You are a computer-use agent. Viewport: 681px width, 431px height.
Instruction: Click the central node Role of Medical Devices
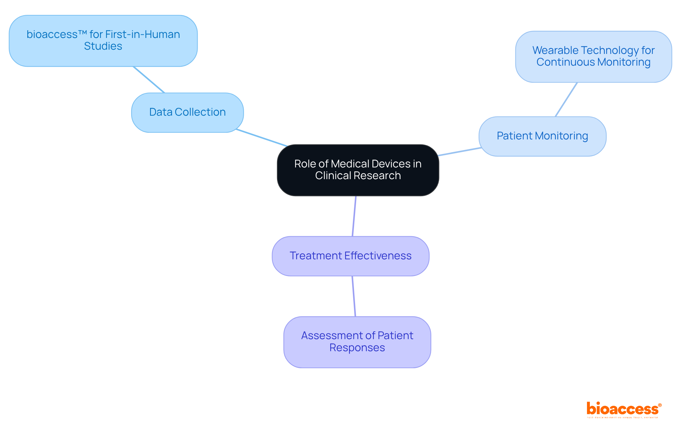coord(358,170)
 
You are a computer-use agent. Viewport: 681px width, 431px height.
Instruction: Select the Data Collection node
coord(187,112)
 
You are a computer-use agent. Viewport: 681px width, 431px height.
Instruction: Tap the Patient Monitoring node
coord(542,136)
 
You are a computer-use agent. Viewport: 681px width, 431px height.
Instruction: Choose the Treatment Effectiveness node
coord(350,256)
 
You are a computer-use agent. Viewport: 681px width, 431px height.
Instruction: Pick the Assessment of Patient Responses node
coord(357,342)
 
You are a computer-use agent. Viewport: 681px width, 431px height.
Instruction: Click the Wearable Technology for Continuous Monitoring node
coord(593,57)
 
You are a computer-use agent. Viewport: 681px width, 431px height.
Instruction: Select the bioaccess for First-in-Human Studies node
coord(103,40)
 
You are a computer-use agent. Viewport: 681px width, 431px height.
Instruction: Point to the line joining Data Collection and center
coord(262,138)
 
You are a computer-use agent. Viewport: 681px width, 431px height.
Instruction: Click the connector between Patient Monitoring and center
coord(460,151)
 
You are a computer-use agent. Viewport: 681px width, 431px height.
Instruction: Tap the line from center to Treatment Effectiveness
coord(354,216)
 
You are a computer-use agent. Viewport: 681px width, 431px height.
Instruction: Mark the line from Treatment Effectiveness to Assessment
coord(354,296)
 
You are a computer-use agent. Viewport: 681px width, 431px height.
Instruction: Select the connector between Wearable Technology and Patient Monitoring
coord(566,100)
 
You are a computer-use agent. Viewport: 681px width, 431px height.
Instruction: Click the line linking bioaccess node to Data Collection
coord(149,79)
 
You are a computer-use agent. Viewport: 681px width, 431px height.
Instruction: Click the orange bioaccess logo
coord(622,409)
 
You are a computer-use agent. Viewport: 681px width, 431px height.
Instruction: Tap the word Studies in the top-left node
coord(103,46)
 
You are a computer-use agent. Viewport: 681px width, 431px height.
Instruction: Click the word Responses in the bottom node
coord(357,348)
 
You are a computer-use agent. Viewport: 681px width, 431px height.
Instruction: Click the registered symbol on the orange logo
coord(660,405)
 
